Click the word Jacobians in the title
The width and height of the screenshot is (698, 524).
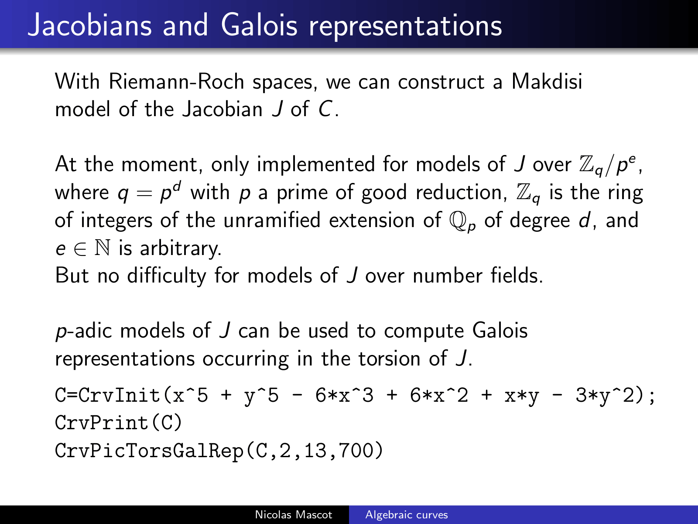tap(90, 25)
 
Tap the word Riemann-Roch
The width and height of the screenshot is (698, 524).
tap(177, 82)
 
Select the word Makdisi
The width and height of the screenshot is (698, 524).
tap(547, 82)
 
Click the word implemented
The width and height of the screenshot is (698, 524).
tap(316, 165)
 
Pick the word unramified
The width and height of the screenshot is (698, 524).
tap(272, 220)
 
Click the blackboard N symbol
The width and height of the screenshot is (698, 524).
tap(103, 248)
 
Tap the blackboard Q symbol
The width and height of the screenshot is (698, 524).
tap(458, 220)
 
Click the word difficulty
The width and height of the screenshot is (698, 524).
tap(167, 276)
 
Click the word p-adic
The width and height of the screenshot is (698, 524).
tap(84, 331)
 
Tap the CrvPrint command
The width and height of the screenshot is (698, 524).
tap(102, 423)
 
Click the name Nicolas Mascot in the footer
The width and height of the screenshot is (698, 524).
tap(294, 514)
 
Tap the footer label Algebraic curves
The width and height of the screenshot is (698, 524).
tap(407, 515)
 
